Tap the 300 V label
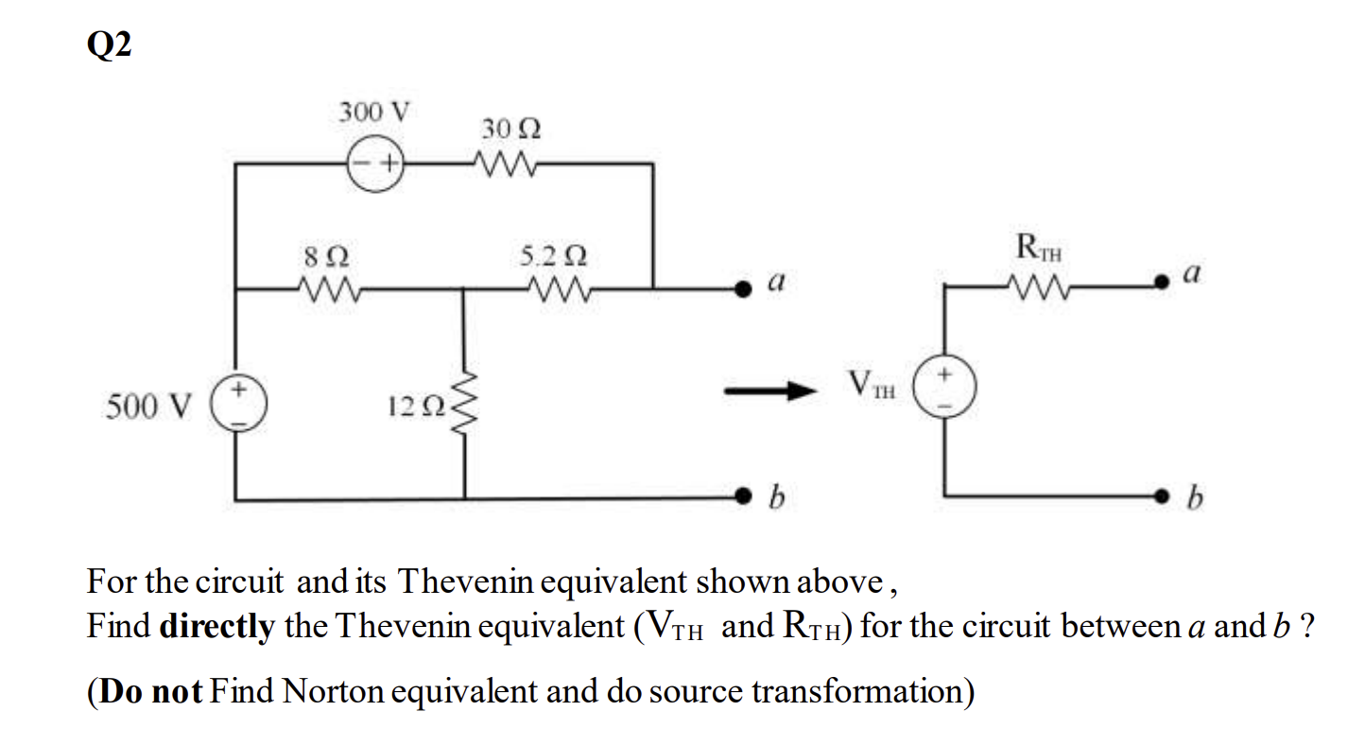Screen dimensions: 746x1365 click(374, 113)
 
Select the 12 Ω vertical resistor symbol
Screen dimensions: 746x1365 click(464, 408)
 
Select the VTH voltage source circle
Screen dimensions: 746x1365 click(945, 387)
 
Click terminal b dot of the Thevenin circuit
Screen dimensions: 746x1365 click(1168, 494)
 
